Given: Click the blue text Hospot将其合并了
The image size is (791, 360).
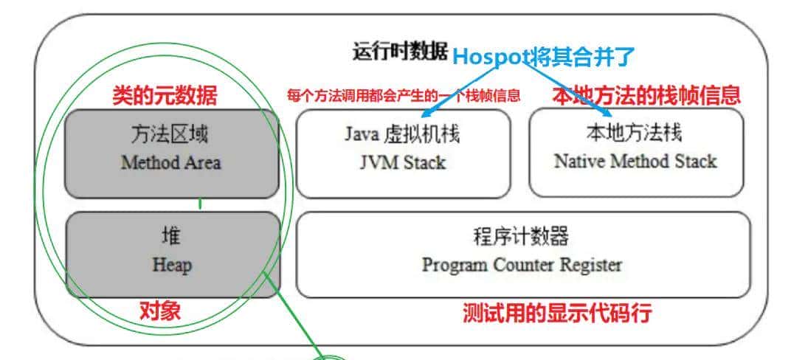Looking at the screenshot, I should [543, 55].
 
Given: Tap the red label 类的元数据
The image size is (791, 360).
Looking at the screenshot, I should [165, 95].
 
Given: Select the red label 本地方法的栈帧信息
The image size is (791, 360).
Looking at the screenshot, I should [646, 95].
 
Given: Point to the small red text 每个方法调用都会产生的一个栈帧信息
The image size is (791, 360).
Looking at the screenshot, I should [404, 96].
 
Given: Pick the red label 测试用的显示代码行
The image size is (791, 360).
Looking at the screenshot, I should [557, 314].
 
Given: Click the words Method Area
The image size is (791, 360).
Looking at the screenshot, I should [170, 163].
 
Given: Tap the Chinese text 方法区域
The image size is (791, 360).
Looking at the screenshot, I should [171, 135].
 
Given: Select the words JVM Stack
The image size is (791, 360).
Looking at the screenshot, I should [403, 162].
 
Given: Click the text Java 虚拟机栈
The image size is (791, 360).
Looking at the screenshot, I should [403, 134].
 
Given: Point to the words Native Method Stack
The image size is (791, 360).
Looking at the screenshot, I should [635, 161].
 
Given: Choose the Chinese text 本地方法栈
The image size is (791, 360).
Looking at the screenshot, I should [635, 133].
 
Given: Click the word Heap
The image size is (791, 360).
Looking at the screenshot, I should [171, 264].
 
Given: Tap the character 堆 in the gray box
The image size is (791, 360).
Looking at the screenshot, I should [171, 237].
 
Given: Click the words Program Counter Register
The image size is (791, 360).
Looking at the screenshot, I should [522, 264].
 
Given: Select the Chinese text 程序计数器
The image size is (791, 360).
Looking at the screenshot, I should [522, 237].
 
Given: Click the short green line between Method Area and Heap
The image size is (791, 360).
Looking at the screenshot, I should [200, 204].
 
